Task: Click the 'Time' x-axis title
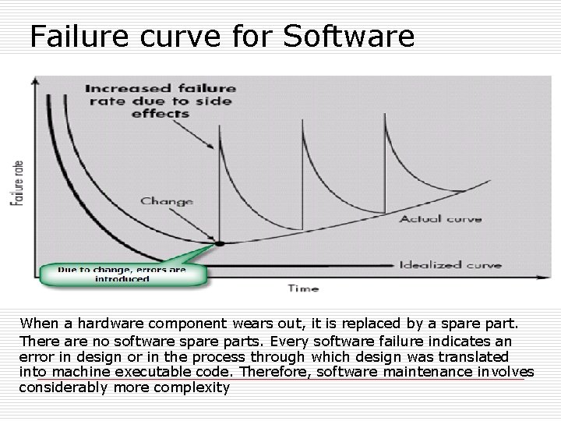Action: click(303, 288)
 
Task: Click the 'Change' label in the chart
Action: click(167, 201)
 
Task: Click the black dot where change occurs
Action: click(220, 243)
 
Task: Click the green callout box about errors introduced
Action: click(123, 274)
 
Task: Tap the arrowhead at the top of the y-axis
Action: click(34, 80)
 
